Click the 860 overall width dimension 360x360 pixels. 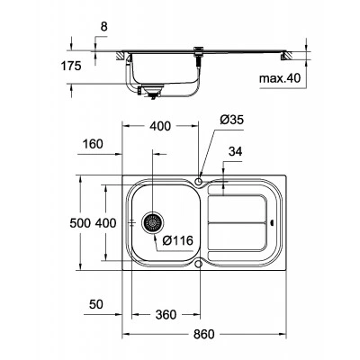[x=204, y=334]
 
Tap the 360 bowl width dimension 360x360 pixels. [x=166, y=314]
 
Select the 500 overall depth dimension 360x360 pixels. [x=80, y=223]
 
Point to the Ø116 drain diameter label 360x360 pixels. [x=177, y=240]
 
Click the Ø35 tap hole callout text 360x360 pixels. [x=232, y=120]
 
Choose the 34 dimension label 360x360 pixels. [x=235, y=151]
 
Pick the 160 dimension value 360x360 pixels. [x=93, y=144]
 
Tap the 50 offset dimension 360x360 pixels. [x=96, y=304]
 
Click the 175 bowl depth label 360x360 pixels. [x=71, y=66]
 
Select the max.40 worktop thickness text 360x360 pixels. [x=280, y=78]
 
